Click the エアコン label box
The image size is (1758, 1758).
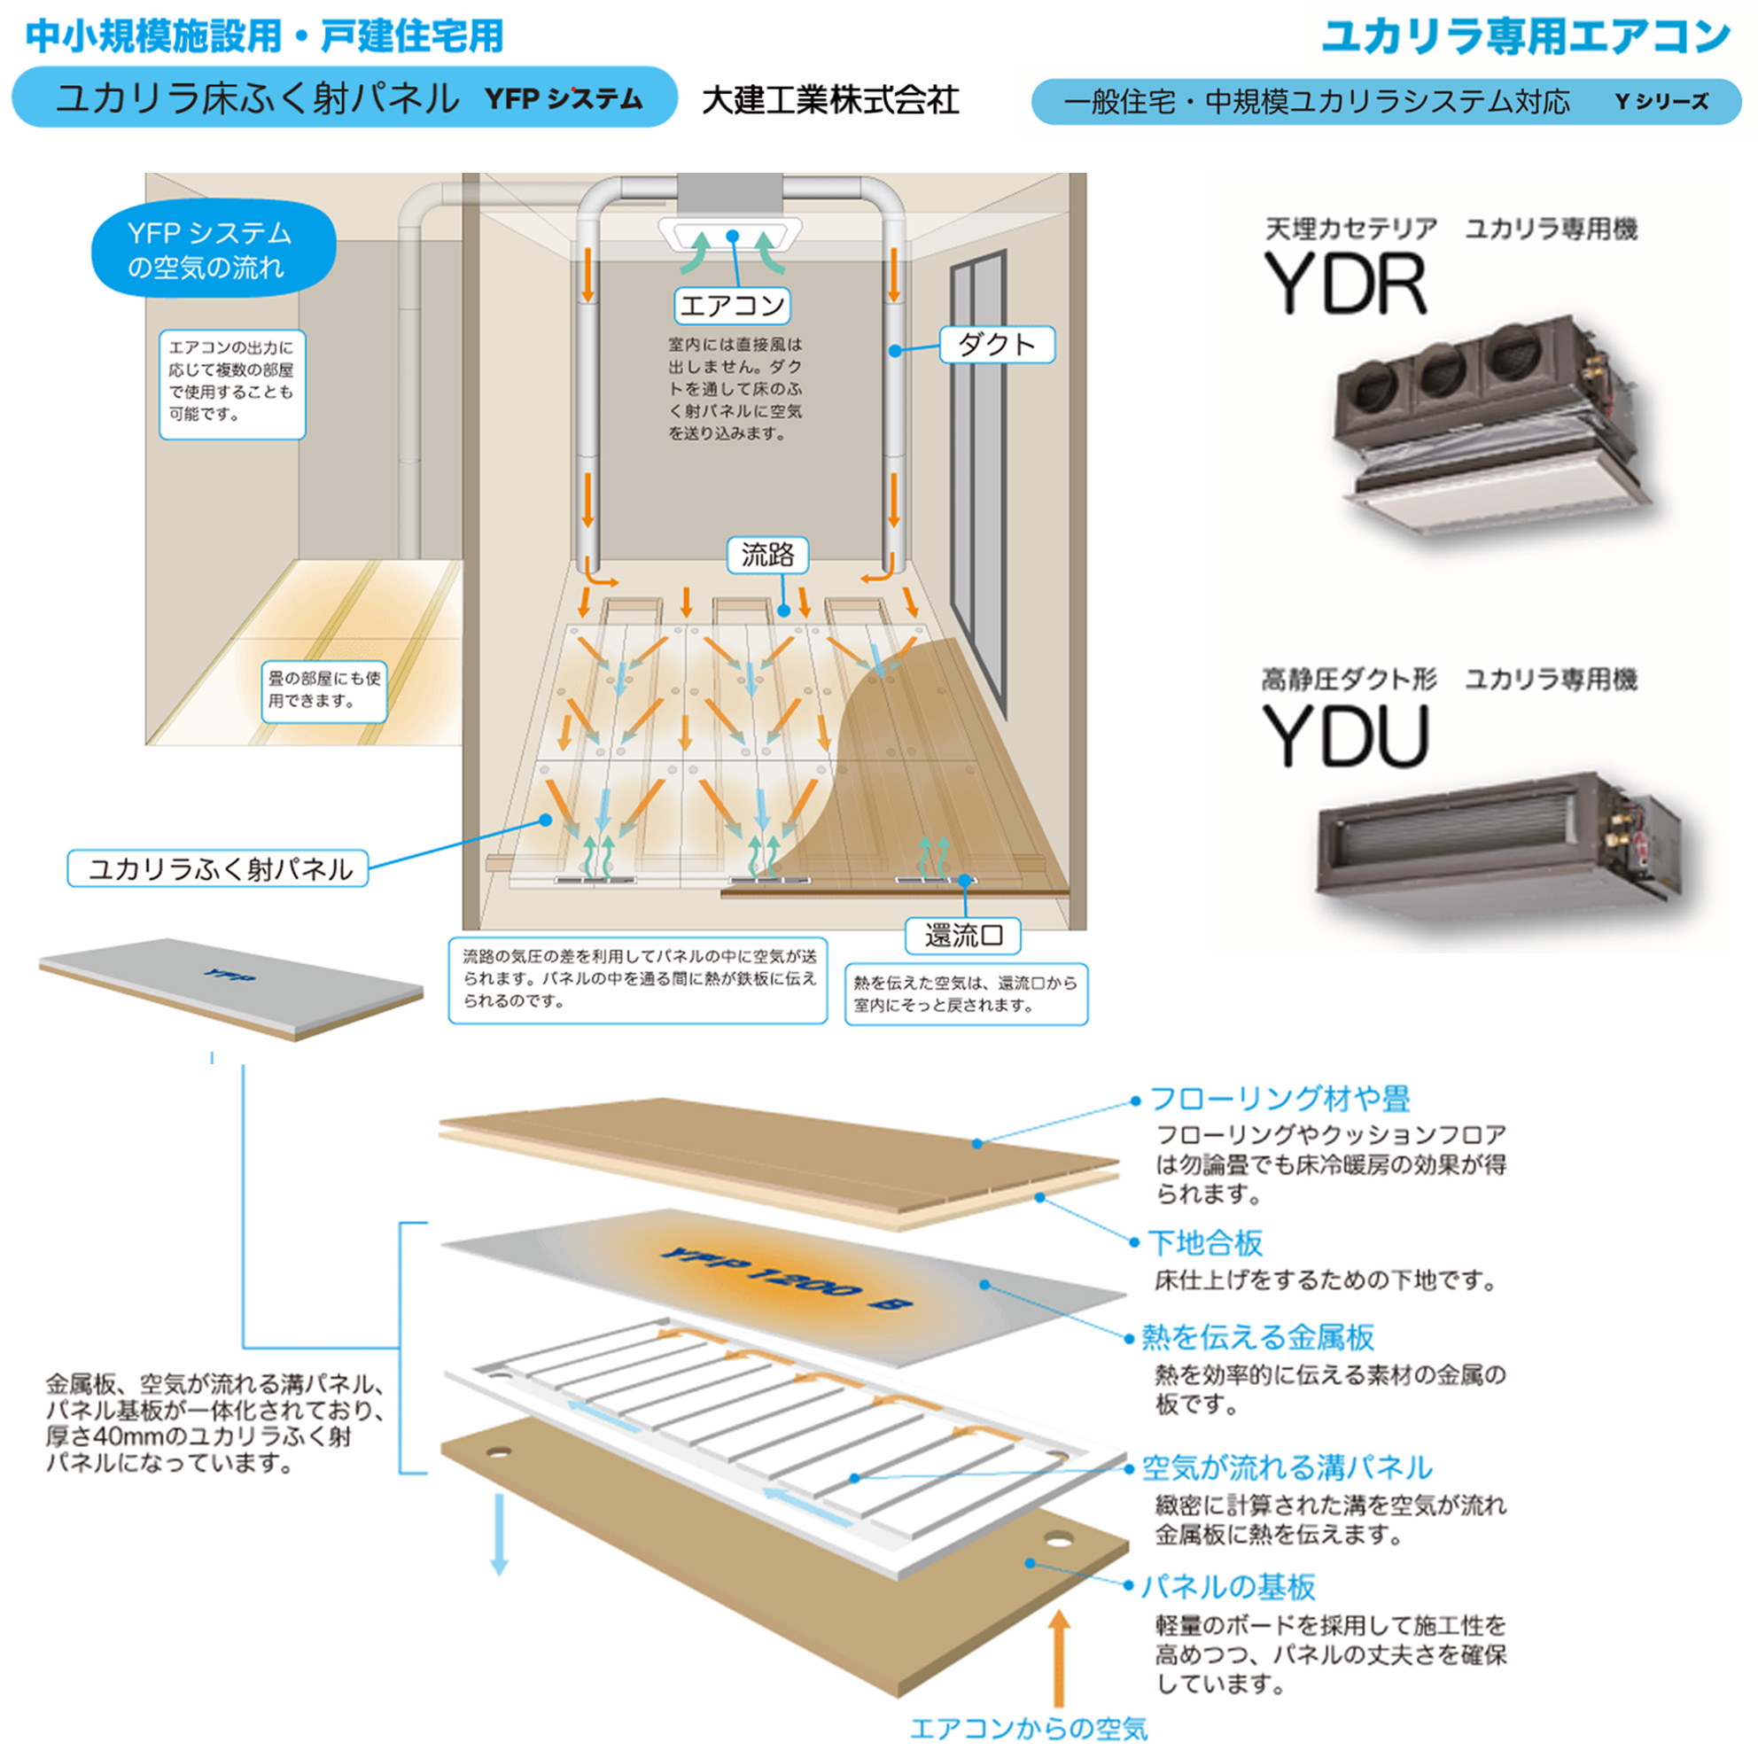tap(732, 306)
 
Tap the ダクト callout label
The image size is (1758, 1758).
tap(996, 345)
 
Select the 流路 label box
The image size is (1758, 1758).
tap(767, 554)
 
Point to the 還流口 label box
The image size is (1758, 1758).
tap(962, 936)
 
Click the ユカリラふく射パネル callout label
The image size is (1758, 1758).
tap(218, 868)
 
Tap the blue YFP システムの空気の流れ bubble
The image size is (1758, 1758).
tap(212, 249)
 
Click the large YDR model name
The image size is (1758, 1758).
tap(1345, 284)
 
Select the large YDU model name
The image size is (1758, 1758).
tap(1345, 736)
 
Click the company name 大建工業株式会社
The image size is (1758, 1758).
tap(830, 100)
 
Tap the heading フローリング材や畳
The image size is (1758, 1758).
tap(1280, 1100)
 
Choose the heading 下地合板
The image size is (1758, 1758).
tap(1206, 1242)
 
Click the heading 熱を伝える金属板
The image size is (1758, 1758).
tap(1257, 1337)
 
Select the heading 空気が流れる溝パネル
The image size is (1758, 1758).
tap(1287, 1466)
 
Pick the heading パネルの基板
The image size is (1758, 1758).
tap(1228, 1587)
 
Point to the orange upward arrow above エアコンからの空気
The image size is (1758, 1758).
tap(1058, 1656)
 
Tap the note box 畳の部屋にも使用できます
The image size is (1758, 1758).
tap(324, 689)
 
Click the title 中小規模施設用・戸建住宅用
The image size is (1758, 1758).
tap(265, 36)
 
